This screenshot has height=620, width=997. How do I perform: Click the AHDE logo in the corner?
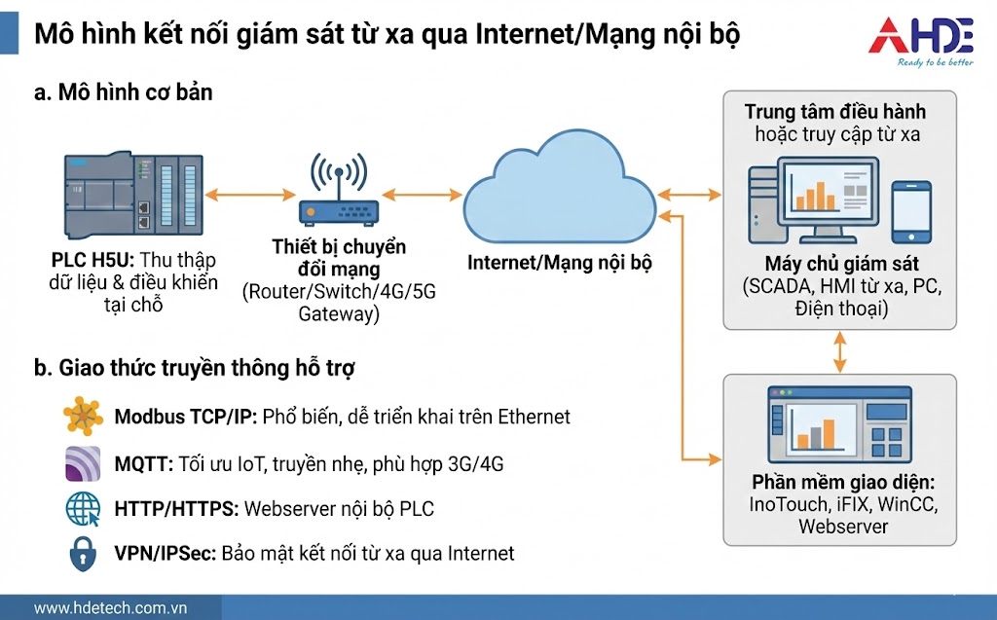920,41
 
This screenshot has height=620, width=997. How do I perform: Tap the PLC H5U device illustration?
134,194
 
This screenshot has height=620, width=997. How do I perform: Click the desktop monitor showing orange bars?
814,195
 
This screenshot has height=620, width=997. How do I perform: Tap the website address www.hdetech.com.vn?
110,608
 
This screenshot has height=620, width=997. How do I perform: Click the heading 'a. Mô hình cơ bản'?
123,93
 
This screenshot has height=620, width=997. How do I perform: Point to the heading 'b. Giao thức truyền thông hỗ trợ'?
194,368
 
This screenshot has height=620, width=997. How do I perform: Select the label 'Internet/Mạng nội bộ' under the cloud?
560,263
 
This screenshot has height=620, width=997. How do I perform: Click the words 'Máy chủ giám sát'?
841,265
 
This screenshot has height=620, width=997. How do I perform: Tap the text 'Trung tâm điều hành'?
835,112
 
